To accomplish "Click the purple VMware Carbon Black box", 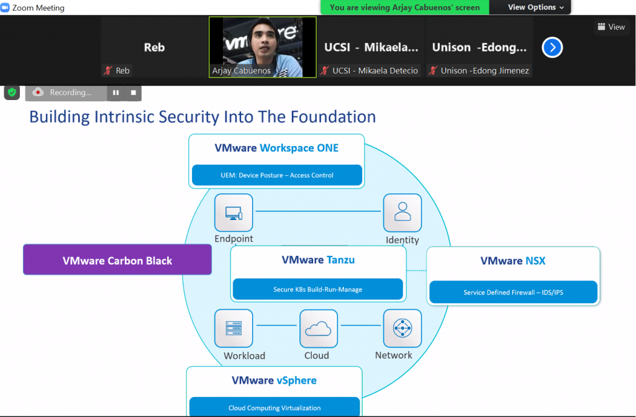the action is coord(117,260).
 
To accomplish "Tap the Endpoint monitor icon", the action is coord(234,213).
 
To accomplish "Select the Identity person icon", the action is coord(402,213).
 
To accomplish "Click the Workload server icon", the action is coord(234,328).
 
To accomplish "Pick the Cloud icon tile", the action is coord(319,329).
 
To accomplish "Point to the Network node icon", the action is coord(402,328).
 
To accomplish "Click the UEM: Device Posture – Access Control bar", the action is coord(277,175).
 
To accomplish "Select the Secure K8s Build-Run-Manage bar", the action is coord(317,289).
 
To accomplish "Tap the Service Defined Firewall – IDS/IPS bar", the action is coord(513,292).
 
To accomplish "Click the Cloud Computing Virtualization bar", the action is coord(275,407).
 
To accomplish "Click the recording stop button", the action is coord(134,93).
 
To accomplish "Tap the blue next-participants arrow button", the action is coord(552,47).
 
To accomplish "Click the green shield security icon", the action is coord(12,93).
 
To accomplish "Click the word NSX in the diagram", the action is coord(535,260).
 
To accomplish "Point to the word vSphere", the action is coord(296,381).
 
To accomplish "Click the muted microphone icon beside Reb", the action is coord(108,71).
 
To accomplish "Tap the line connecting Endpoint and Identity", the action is coord(318,211).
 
